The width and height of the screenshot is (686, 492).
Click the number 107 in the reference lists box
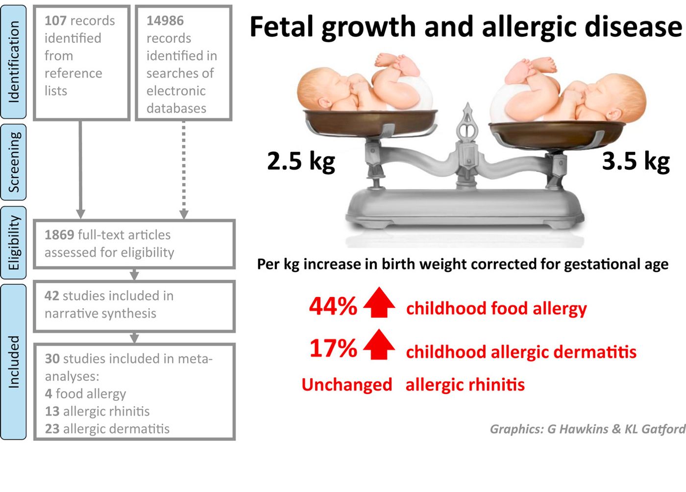[55, 21]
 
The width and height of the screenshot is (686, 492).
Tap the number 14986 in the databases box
[165, 21]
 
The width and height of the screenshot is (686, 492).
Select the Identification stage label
[14, 62]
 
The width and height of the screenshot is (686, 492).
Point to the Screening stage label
[14, 162]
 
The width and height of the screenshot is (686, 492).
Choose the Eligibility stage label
[14, 243]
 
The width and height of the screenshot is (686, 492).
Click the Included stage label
[14, 362]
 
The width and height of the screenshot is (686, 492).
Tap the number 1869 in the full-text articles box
[59, 235]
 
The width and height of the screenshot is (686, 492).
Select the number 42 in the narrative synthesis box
[52, 296]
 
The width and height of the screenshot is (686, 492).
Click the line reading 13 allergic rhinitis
[98, 411]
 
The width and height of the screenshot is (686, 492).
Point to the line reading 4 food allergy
[85, 394]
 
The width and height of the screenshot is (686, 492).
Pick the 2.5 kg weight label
[301, 162]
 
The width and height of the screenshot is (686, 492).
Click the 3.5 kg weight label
[636, 161]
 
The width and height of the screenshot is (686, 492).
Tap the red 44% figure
[333, 306]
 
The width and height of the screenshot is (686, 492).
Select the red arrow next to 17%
[379, 344]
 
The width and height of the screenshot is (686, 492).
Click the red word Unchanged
[347, 385]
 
